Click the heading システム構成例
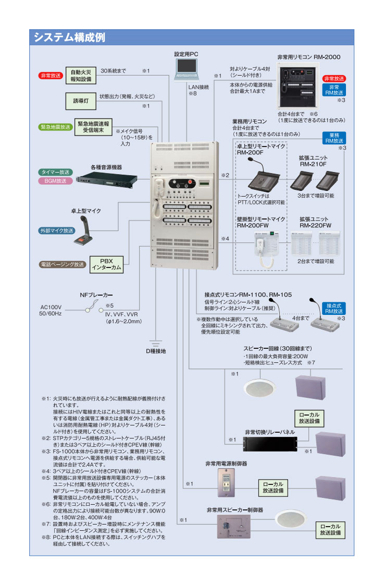(70, 38)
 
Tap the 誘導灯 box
(81, 100)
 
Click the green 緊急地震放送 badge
(55, 127)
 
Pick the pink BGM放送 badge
(55, 181)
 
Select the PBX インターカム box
(106, 264)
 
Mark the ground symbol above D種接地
(155, 344)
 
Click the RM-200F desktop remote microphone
(263, 177)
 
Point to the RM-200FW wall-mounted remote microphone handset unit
(266, 245)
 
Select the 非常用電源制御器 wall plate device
(227, 485)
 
